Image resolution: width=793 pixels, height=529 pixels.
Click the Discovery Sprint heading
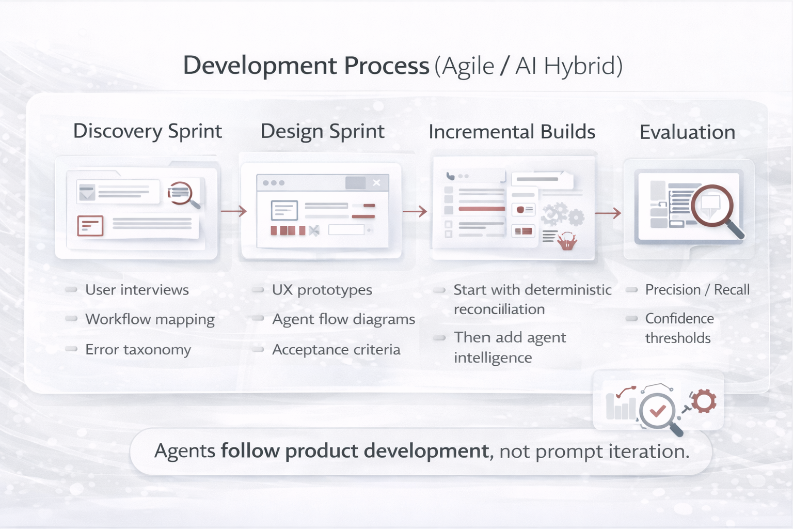click(148, 131)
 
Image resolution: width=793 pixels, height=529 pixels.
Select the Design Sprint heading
click(322, 132)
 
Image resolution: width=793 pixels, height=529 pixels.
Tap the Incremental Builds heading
click(512, 132)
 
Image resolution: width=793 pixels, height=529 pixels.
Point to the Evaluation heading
click(687, 132)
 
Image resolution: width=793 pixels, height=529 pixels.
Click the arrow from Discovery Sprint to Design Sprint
click(234, 211)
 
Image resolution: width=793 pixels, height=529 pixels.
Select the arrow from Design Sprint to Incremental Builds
click(415, 211)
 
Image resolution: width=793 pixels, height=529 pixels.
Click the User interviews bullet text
click(137, 290)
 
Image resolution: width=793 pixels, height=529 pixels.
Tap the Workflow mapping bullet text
click(150, 319)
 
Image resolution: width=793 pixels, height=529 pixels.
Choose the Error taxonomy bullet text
click(138, 350)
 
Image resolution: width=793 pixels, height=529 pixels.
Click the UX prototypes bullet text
click(322, 290)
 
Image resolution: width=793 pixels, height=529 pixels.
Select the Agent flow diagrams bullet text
click(343, 320)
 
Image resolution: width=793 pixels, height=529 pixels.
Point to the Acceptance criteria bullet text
click(336, 350)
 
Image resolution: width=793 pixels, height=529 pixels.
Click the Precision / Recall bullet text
click(697, 290)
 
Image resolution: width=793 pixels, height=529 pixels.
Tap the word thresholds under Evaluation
click(678, 338)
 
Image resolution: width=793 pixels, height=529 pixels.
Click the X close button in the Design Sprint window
click(376, 183)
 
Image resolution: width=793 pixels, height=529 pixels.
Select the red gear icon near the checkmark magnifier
click(703, 401)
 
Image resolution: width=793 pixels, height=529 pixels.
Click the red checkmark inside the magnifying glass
click(657, 411)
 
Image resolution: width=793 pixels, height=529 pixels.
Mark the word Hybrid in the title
click(583, 66)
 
